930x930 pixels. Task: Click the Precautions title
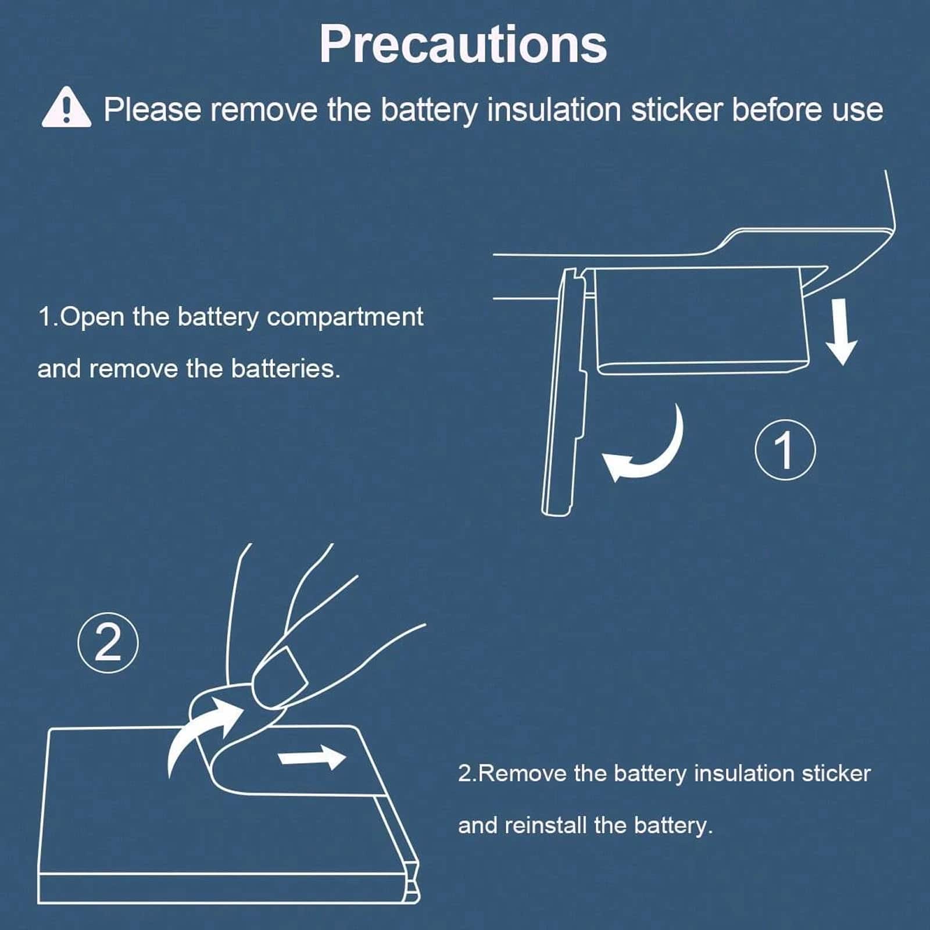point(463,45)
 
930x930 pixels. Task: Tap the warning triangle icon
point(66,107)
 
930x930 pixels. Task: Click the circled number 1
point(785,449)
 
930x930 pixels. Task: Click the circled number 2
point(108,643)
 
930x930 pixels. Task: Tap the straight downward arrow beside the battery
point(840,331)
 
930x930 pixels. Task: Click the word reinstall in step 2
point(545,825)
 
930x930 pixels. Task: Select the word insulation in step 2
point(744,774)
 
